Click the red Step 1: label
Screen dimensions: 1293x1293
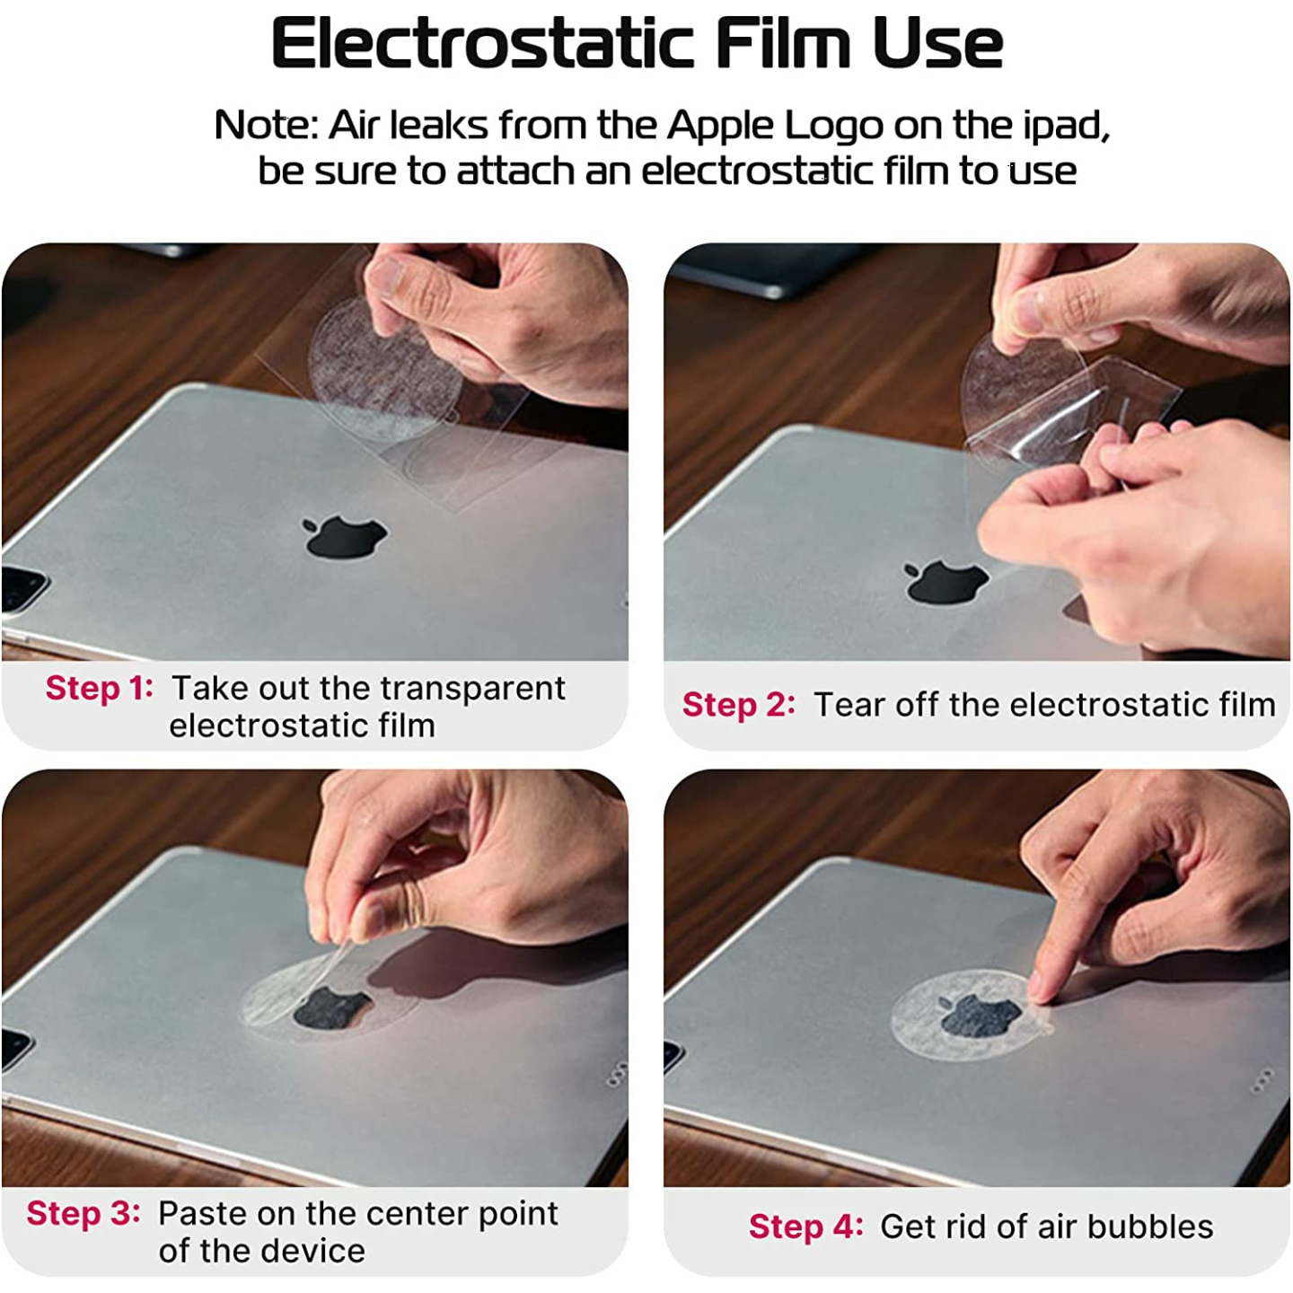pos(100,689)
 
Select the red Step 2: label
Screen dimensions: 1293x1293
pos(739,705)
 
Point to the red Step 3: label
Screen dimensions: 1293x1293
pos(84,1215)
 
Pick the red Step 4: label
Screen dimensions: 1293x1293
pos(805,1228)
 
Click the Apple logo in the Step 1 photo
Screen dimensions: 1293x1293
pos(345,537)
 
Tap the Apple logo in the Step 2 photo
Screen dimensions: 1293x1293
pos(946,582)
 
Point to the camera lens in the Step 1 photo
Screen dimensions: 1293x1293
pos(20,588)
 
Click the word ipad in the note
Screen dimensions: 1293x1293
pos(1066,127)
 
